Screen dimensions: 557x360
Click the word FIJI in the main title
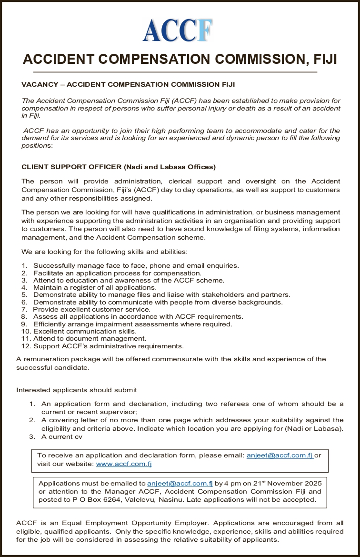coord(325,59)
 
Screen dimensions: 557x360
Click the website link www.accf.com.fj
coord(124,463)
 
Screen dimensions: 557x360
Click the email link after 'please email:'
coord(279,455)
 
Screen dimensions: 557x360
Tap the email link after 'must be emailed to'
coord(180,483)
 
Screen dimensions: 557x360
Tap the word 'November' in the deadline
coord(277,483)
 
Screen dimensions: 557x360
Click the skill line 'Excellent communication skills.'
coord(85,331)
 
